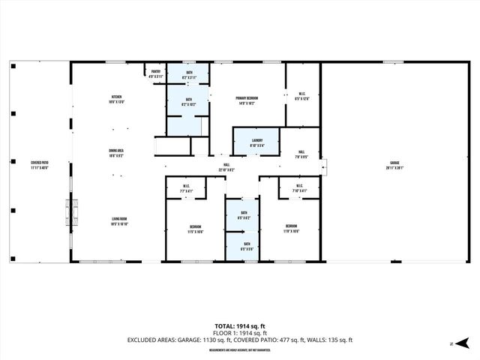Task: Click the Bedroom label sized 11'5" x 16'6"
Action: (x=195, y=229)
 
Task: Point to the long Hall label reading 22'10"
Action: (x=226, y=167)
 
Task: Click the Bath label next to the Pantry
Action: (x=188, y=74)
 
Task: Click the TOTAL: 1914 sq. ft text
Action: (x=240, y=326)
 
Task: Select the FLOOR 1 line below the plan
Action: (x=240, y=333)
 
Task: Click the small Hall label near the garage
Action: (x=301, y=154)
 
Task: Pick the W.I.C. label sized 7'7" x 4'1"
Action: (x=187, y=189)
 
